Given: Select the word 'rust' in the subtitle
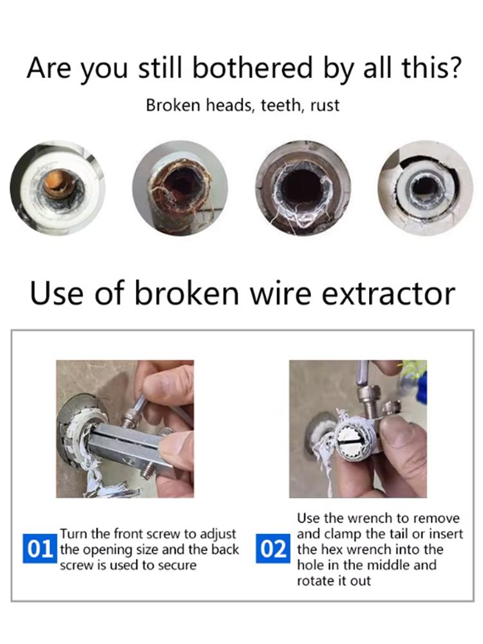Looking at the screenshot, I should click(325, 105).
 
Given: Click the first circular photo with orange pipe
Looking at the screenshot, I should click(57, 188).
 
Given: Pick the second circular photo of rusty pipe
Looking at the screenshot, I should click(180, 188).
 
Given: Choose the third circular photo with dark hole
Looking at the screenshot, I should click(303, 188).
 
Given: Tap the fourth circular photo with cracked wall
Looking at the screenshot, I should click(425, 188).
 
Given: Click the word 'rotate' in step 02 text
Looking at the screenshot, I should click(316, 580).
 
